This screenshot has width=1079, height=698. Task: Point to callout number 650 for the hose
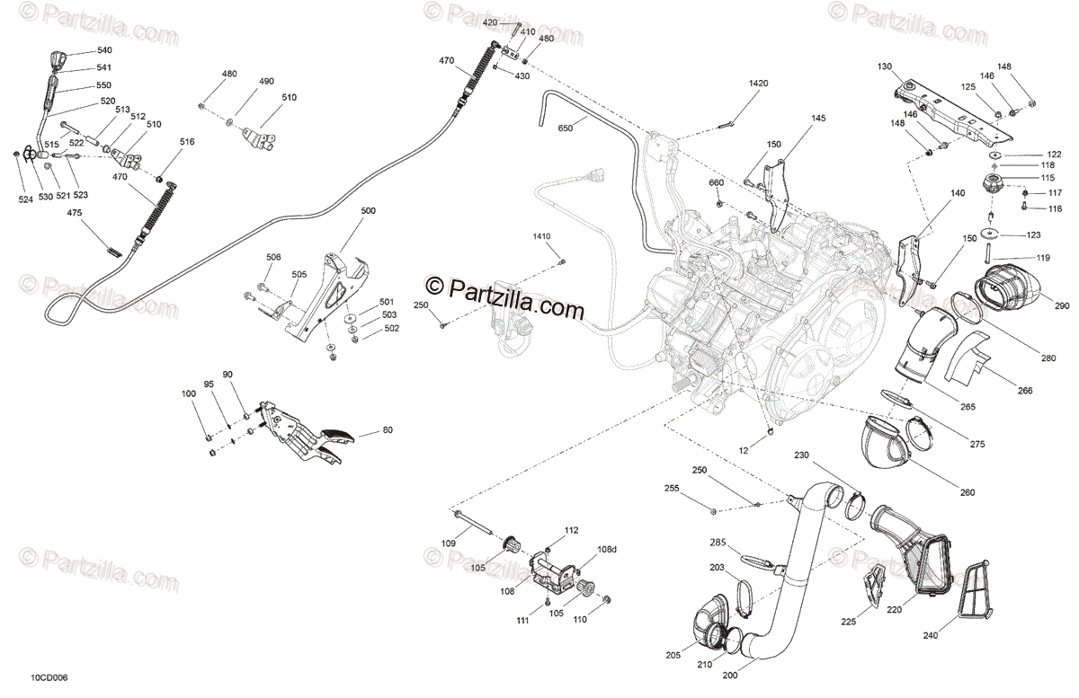[x=565, y=129]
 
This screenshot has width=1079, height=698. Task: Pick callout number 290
[x=1062, y=306]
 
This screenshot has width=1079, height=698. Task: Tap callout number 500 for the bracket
[x=369, y=211]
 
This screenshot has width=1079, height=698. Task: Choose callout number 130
[x=885, y=66]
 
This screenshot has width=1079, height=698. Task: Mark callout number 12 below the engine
[x=743, y=448]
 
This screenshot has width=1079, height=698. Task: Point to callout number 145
[x=818, y=119]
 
